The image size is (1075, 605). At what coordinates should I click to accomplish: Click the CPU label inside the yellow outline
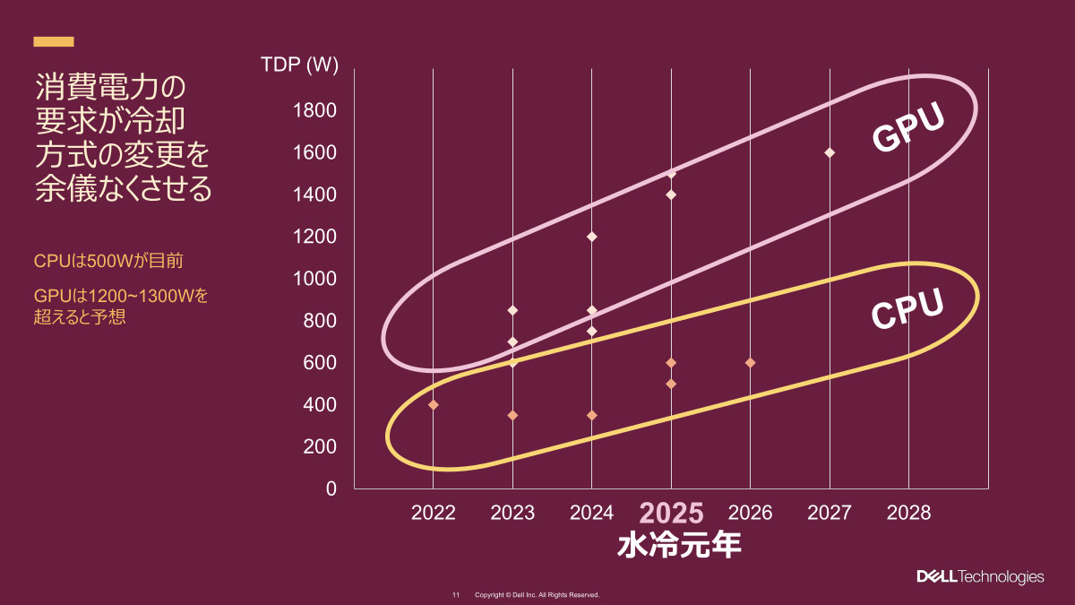tap(908, 309)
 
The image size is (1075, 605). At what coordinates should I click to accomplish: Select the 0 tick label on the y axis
tap(331, 488)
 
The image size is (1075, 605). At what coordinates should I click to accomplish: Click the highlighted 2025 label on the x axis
tap(671, 514)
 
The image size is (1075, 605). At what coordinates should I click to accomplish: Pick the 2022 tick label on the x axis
tap(434, 514)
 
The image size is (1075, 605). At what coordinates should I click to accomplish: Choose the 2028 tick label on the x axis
tap(908, 514)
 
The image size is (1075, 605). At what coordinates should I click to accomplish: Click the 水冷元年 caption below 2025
tap(679, 546)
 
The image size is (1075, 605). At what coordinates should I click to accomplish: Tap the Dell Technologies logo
tap(979, 576)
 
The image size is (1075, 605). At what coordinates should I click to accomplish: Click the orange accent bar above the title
tap(54, 41)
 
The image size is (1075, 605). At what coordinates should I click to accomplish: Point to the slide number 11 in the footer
tap(455, 595)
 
